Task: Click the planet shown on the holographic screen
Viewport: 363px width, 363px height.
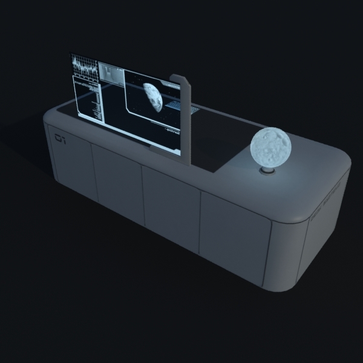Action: pos(153,97)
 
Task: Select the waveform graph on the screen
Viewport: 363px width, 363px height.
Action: pos(84,67)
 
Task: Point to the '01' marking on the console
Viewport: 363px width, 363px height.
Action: pos(59,139)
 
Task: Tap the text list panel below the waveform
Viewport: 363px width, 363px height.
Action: pos(88,97)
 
